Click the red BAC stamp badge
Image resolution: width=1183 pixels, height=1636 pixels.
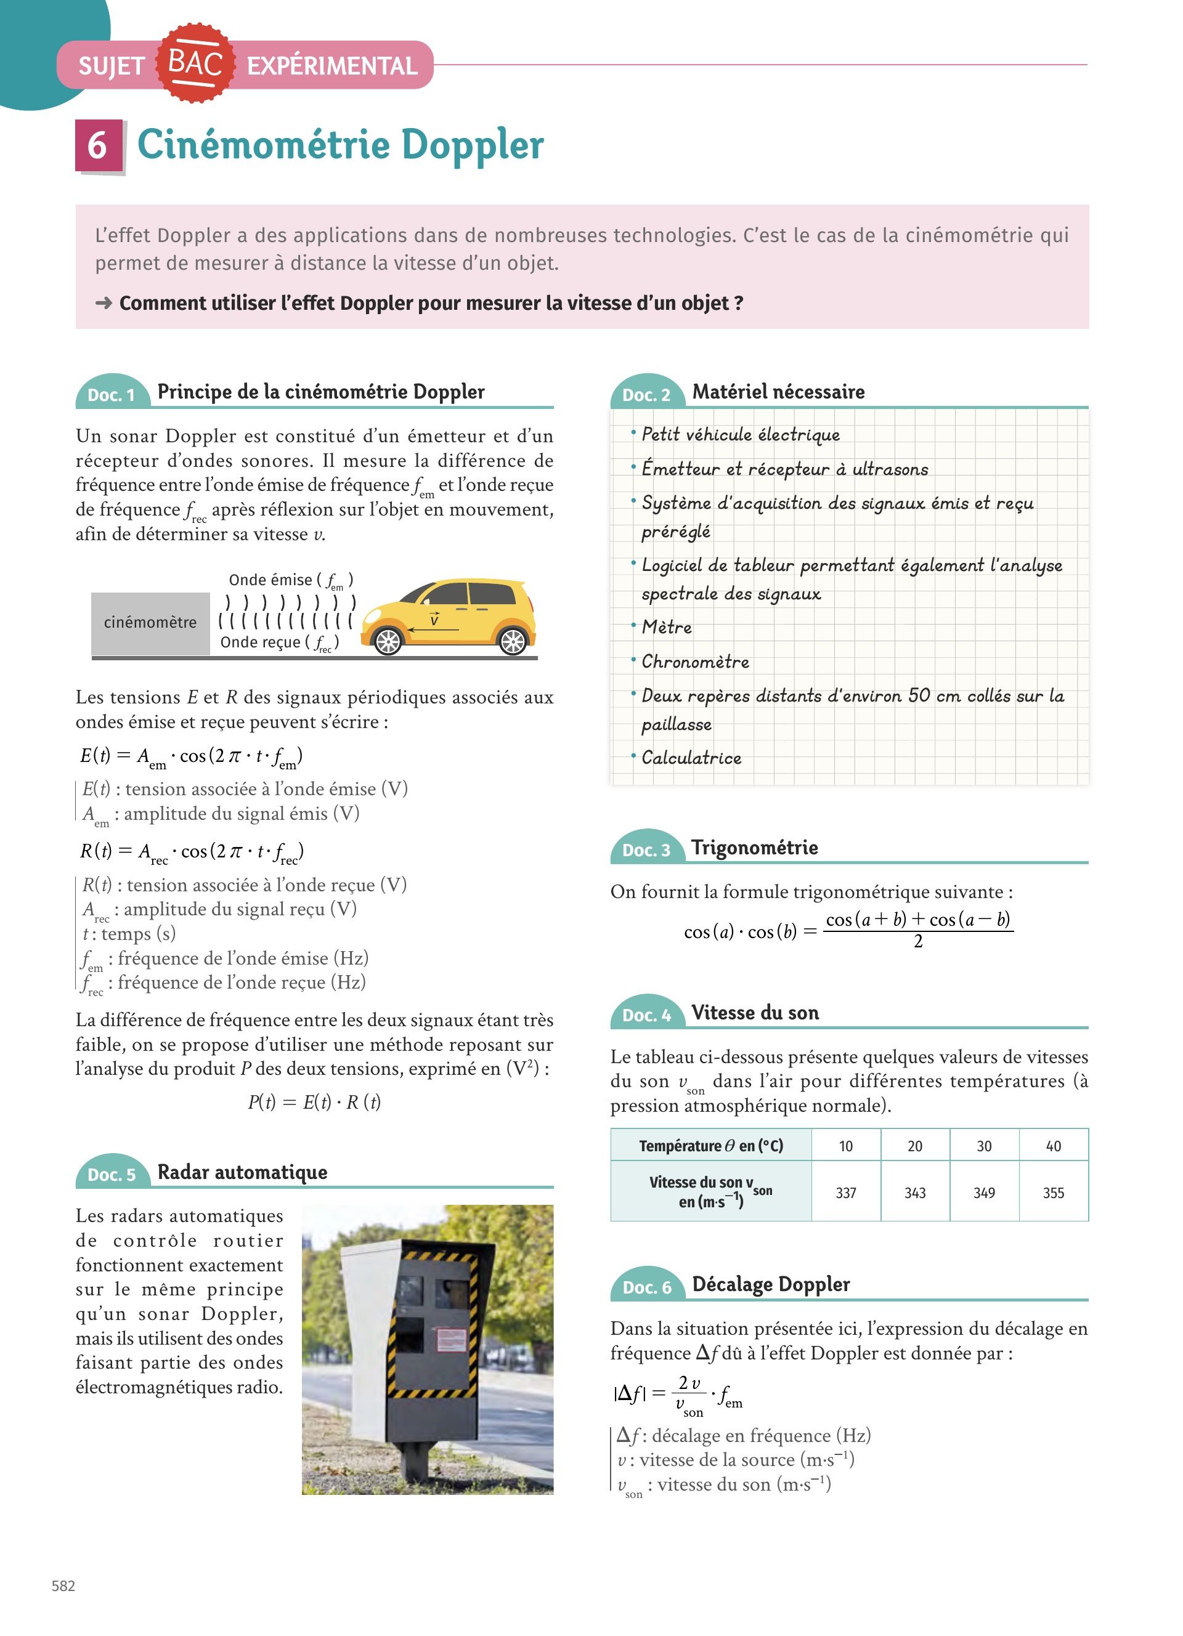[x=195, y=63]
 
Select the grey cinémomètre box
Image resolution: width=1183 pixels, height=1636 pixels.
[x=150, y=623]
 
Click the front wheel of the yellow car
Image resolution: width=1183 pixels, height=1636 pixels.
[x=388, y=641]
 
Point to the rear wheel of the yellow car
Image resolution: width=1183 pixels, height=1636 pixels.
[x=513, y=641]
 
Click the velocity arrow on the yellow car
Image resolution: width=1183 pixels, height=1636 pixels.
[x=433, y=630]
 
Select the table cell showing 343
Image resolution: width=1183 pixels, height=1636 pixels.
[x=914, y=1193]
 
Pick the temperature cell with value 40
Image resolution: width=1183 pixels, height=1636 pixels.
[x=1053, y=1146]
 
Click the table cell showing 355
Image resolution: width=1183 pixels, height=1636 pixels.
[x=1053, y=1193]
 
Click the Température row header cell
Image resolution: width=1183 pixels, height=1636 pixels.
[x=710, y=1146]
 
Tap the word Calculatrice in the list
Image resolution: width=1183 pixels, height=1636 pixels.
[x=691, y=758]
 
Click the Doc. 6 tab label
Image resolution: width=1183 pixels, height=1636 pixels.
[x=646, y=1287]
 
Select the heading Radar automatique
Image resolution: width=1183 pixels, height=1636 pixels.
[x=242, y=1172]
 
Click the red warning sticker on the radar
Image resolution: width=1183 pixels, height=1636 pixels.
[x=452, y=1341]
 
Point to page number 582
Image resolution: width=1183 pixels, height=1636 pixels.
[x=63, y=1585]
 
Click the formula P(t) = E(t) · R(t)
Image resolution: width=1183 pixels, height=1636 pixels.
[x=314, y=1102]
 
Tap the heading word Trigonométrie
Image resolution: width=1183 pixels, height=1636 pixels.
[x=755, y=848]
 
